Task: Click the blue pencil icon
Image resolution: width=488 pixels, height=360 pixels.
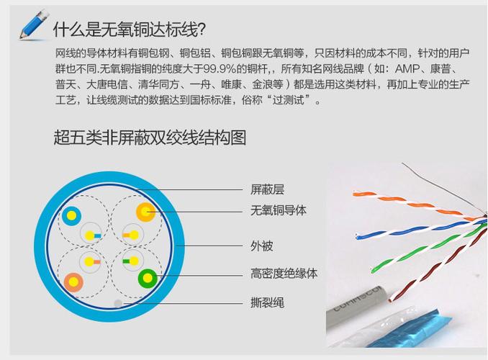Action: (x=35, y=25)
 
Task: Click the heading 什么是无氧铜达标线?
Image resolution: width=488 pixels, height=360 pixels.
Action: (x=130, y=30)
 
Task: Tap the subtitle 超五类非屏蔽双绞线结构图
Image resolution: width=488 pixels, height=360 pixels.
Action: (x=150, y=138)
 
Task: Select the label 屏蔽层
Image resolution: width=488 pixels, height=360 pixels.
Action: (x=267, y=189)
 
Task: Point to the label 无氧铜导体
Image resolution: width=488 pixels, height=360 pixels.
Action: (x=279, y=210)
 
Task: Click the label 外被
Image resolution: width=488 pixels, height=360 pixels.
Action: (x=262, y=246)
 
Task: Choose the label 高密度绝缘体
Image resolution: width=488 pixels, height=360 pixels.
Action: (x=284, y=274)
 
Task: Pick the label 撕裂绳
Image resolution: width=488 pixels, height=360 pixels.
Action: (x=267, y=302)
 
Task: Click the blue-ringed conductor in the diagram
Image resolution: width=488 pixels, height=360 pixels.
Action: (x=71, y=216)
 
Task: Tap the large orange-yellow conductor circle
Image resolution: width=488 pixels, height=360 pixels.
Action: (x=145, y=212)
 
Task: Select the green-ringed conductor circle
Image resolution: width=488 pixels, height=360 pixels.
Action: (x=148, y=278)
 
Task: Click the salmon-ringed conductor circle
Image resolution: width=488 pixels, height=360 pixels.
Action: (x=73, y=282)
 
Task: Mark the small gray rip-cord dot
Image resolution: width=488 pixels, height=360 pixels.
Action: (x=118, y=303)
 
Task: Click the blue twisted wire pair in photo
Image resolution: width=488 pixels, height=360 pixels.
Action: (x=420, y=230)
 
